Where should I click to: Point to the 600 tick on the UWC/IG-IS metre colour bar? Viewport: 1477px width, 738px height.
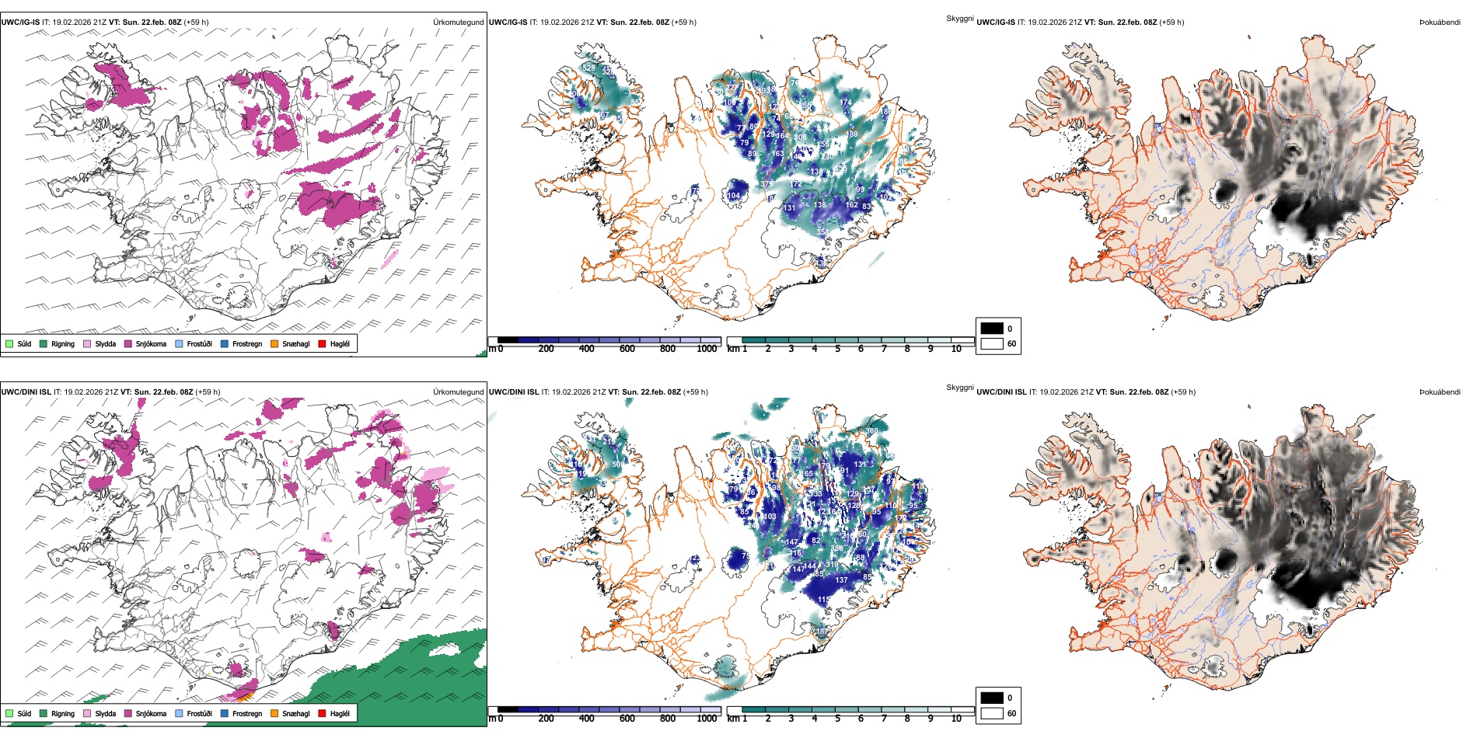click(x=627, y=349)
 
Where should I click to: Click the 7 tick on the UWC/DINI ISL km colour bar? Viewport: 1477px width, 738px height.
click(x=884, y=719)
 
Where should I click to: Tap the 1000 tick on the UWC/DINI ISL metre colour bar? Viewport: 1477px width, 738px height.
click(x=707, y=719)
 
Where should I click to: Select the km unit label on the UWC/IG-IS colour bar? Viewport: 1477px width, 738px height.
click(x=733, y=349)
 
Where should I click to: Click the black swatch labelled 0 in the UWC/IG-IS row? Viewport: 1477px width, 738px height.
click(x=992, y=329)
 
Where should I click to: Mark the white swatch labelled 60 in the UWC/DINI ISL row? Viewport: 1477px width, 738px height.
click(x=992, y=713)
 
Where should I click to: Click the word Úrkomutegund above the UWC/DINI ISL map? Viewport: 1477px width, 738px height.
click(x=458, y=392)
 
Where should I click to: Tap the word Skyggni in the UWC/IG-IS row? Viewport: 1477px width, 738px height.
click(x=959, y=19)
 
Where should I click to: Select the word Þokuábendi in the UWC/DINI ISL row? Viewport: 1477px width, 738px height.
click(x=1440, y=392)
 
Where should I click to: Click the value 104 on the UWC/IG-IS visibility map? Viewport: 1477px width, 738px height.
click(x=734, y=196)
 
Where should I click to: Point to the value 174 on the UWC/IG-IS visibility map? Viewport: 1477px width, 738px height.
click(x=846, y=102)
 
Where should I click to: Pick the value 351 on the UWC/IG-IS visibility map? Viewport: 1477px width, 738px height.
click(x=822, y=231)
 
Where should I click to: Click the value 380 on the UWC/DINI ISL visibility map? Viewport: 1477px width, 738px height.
click(x=871, y=431)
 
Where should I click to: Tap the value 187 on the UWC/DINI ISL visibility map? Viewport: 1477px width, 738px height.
click(x=822, y=632)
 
